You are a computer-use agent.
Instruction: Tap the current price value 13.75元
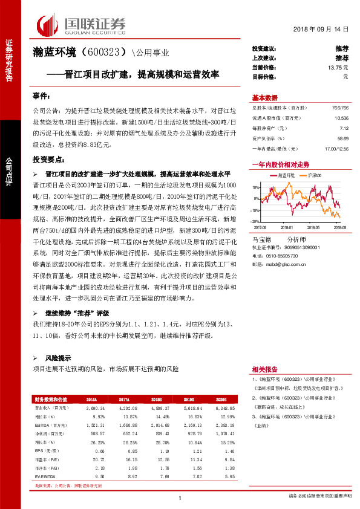point(338,68)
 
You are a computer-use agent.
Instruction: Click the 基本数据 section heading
point(264,98)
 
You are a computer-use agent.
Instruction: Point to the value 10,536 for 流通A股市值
point(341,118)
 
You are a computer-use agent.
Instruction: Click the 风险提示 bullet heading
point(58,357)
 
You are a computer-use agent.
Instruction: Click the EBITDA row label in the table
point(42,426)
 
